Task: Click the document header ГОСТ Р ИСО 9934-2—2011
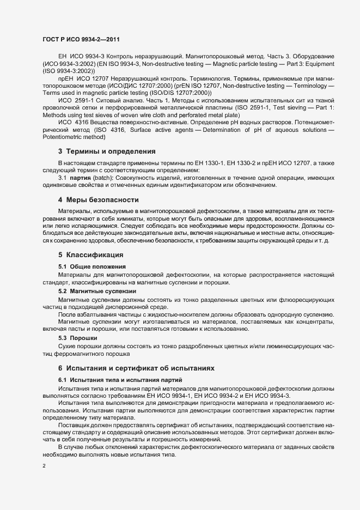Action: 81,40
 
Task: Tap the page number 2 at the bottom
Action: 44,466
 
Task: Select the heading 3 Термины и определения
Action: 107,151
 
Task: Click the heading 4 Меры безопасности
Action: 99,200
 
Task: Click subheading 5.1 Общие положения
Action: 92,266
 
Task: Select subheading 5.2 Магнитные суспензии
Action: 97,292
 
